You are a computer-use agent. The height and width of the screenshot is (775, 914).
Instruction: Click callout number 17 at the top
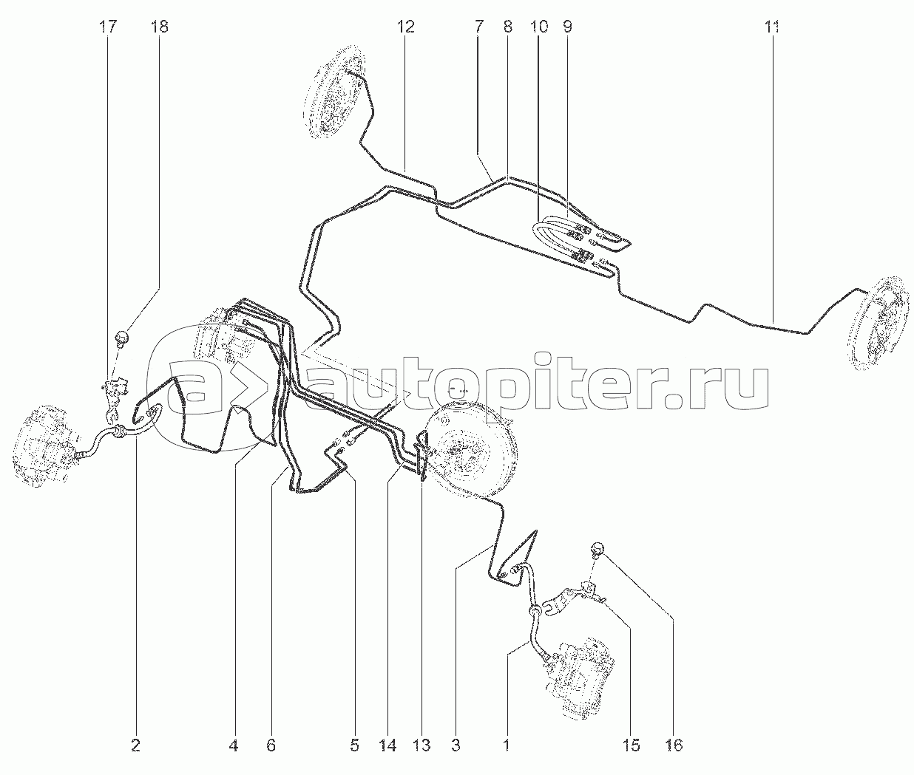coord(107,27)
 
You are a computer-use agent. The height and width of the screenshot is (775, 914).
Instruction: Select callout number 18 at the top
coord(159,27)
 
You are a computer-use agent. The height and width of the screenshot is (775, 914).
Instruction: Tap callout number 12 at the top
coord(405,27)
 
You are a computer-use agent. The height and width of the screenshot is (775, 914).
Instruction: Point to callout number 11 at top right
coord(773,27)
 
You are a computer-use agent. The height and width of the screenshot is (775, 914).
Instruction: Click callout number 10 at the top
coord(538,27)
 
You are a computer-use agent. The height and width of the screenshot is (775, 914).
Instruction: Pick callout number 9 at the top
coord(567,27)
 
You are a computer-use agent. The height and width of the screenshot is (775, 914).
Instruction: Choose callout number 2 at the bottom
coord(136,746)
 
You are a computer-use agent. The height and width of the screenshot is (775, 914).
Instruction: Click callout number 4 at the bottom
coord(234,746)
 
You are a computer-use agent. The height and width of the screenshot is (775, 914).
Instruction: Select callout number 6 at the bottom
coord(271,746)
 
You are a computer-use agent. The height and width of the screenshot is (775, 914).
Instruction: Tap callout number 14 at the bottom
coord(387,746)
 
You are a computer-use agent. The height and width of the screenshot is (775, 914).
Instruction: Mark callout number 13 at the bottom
coord(422,746)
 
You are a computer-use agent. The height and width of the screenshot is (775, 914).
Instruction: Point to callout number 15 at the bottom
coord(631,746)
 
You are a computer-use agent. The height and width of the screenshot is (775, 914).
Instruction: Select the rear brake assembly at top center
coord(334,92)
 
